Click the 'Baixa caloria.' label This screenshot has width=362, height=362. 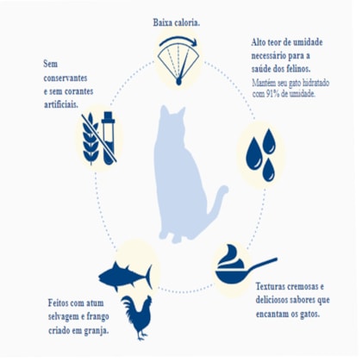pos(177,22)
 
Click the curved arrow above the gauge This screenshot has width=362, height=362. pos(178,41)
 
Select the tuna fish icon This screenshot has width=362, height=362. pos(125,276)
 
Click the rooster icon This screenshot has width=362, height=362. pos(136,317)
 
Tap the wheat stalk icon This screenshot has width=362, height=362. pos(90,139)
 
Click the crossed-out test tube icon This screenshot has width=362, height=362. pos(109,138)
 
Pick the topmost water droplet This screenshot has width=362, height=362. pos(269,140)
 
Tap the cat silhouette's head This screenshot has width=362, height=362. pos(172,118)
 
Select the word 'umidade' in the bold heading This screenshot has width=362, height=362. pos(308,42)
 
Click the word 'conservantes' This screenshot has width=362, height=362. pos(66,78)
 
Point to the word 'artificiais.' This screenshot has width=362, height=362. pos(61,104)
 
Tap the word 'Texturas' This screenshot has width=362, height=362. pos(270,286)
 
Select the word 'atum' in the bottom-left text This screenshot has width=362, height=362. pos(95,303)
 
